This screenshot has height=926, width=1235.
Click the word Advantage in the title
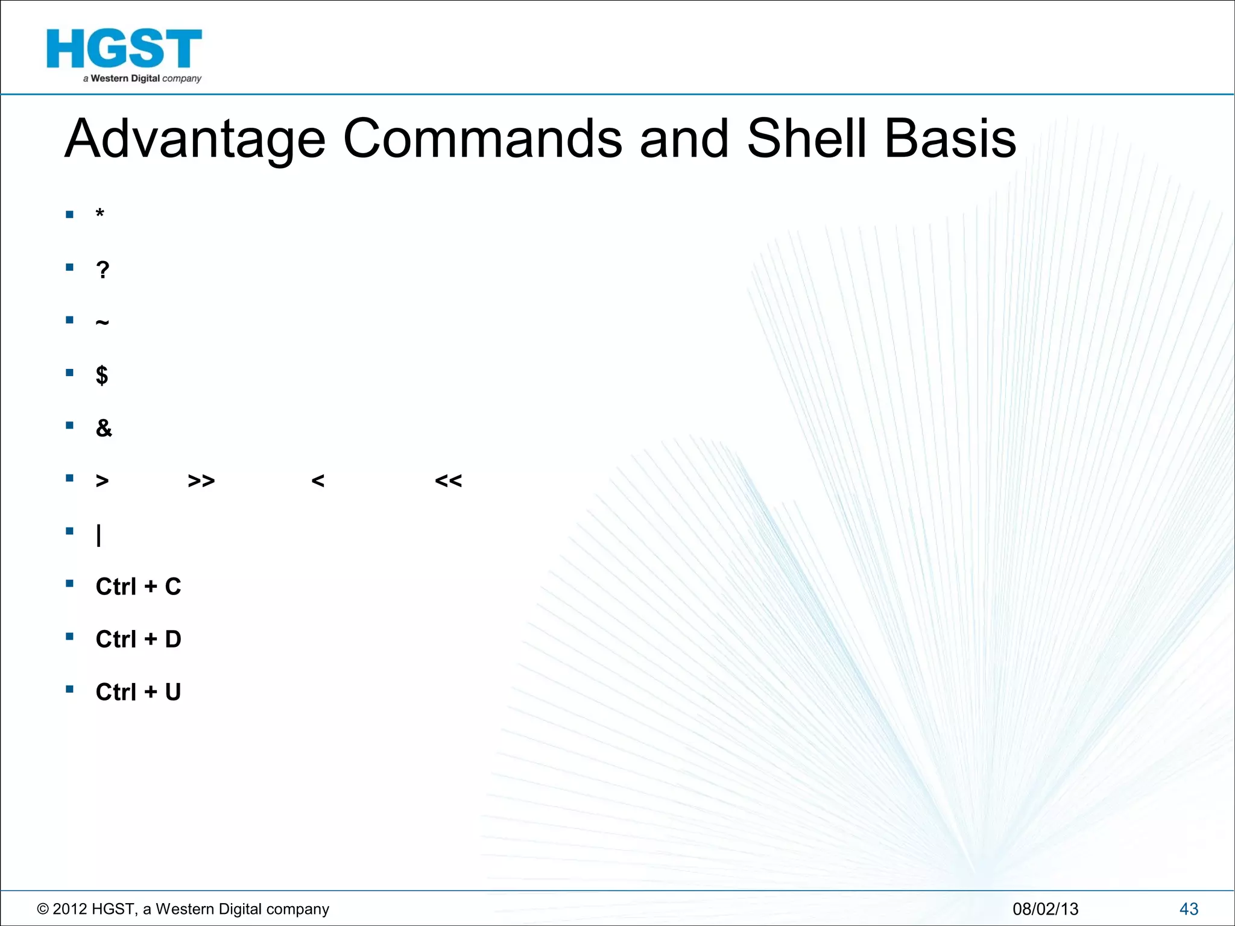point(195,139)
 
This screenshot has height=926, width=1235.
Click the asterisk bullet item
point(100,214)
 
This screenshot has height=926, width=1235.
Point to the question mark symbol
point(103,269)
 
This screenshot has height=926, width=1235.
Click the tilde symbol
point(102,323)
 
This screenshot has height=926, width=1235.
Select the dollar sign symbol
point(102,375)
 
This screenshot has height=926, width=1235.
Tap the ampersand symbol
point(104,428)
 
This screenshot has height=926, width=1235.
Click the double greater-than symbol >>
point(201,481)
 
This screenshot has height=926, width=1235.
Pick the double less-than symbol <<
point(448,481)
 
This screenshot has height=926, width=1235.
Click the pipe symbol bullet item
point(99,534)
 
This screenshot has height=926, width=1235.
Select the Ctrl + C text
point(138,587)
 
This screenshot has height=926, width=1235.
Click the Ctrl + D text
point(138,639)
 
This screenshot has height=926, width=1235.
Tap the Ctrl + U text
point(138,692)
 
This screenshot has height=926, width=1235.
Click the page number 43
point(1188,909)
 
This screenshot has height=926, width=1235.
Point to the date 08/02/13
point(1045,909)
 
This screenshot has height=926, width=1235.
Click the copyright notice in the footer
point(183,909)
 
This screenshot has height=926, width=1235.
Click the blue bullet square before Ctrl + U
point(70,689)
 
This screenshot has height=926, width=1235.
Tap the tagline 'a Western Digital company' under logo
point(142,78)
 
